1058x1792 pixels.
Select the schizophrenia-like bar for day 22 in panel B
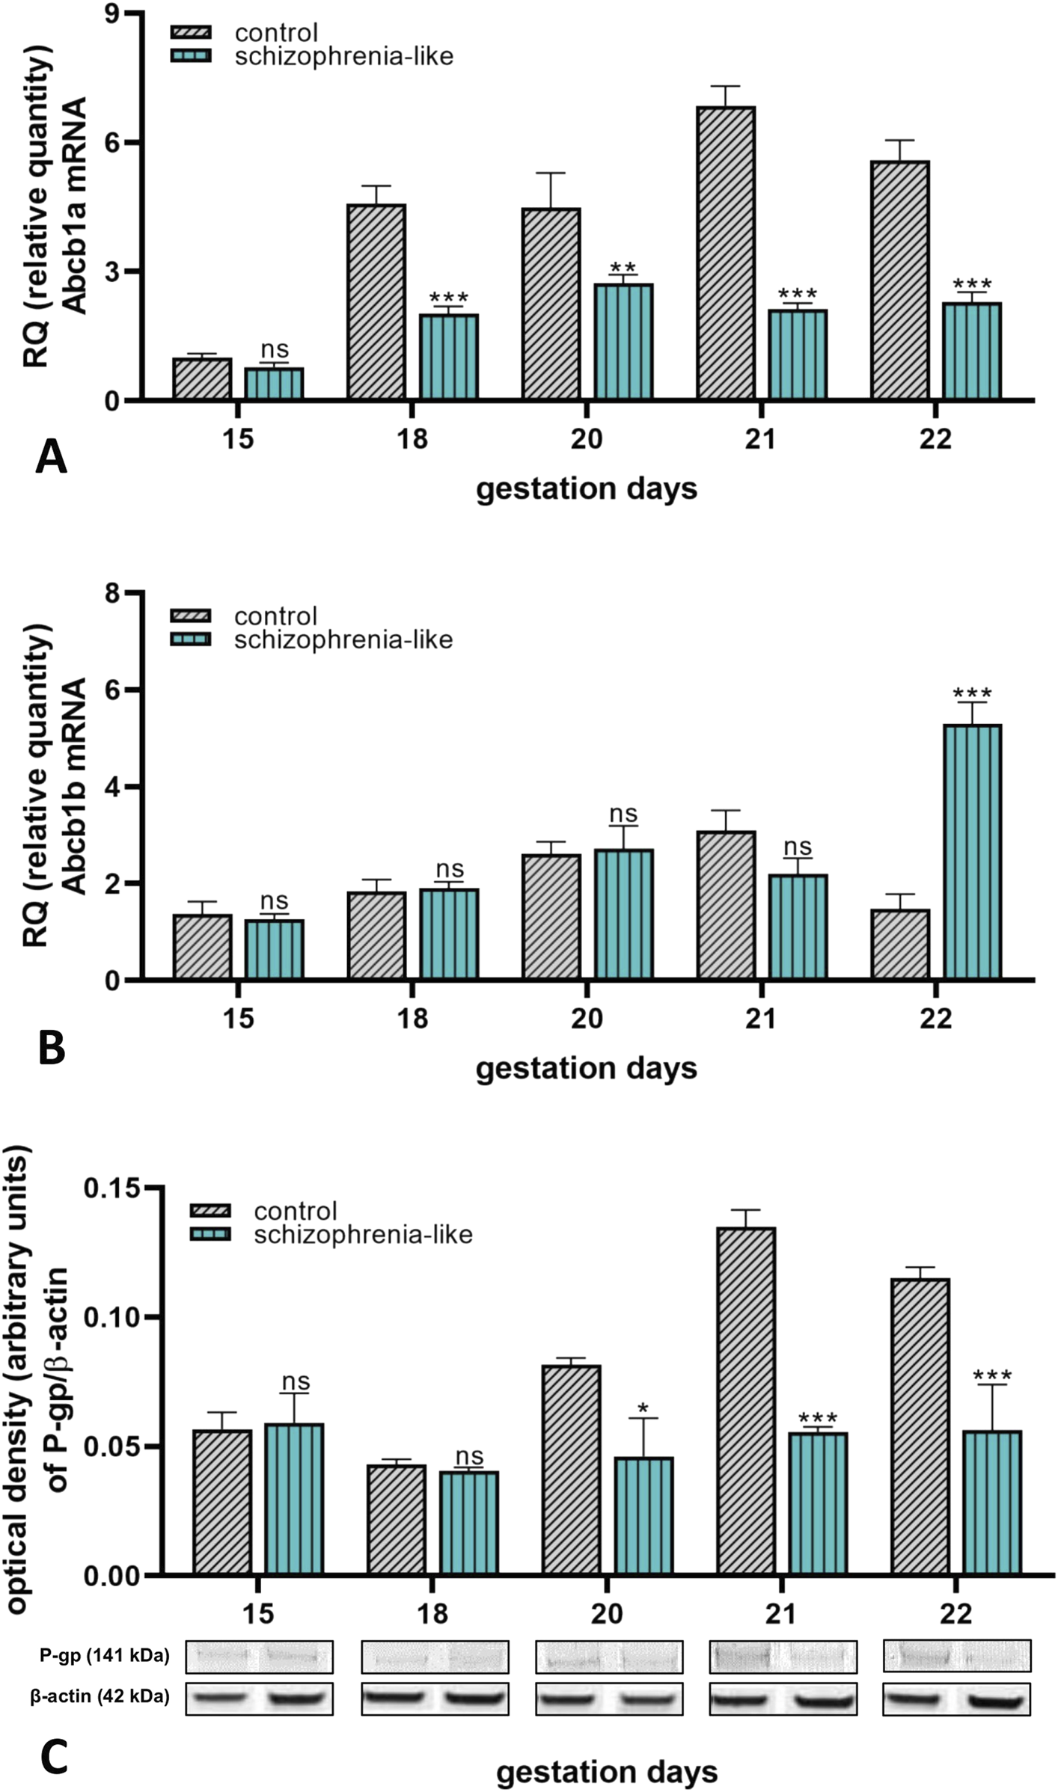[x=972, y=852]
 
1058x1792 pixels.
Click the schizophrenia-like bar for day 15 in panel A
[x=274, y=384]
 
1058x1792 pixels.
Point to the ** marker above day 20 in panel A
[x=623, y=269]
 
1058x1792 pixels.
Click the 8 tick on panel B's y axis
[x=113, y=593]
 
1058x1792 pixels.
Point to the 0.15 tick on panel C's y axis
[x=111, y=1188]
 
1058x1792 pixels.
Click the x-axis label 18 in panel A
[x=412, y=438]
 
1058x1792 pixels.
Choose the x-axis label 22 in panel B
[x=935, y=1018]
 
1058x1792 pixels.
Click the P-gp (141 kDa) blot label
[x=104, y=1657]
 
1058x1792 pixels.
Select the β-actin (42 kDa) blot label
[x=100, y=1697]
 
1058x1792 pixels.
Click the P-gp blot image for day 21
[x=782, y=1657]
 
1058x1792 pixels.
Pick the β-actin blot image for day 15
[x=259, y=1699]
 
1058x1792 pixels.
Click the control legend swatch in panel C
[x=210, y=1211]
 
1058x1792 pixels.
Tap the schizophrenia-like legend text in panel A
[x=343, y=57]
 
